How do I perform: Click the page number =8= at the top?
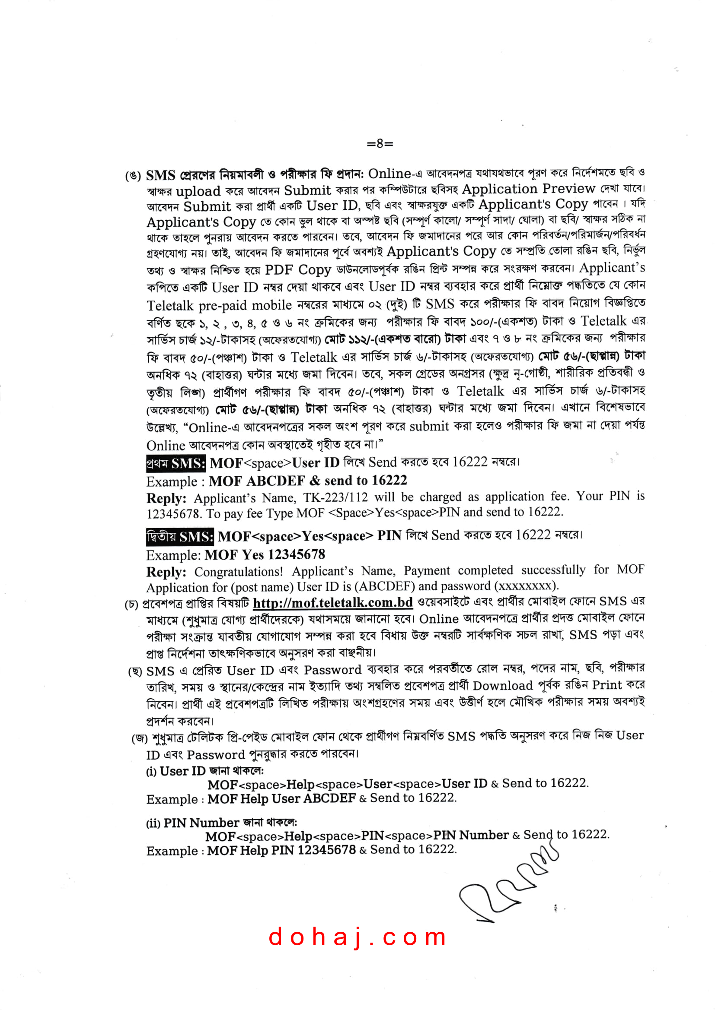pos(380,143)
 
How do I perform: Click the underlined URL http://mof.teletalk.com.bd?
pos(332,603)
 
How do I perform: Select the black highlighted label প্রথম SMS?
pos(176,463)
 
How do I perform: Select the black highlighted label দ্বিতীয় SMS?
pos(180,537)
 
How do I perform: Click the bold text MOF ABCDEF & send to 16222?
pos(308,480)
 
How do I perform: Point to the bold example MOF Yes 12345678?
pos(265,554)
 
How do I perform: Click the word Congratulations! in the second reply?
pos(238,571)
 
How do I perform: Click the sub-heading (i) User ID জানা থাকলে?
pos(205,771)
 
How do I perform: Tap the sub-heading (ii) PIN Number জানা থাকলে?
pos(221,823)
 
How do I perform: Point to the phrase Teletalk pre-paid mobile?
pos(219,305)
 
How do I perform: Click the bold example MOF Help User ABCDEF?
pos(281,798)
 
